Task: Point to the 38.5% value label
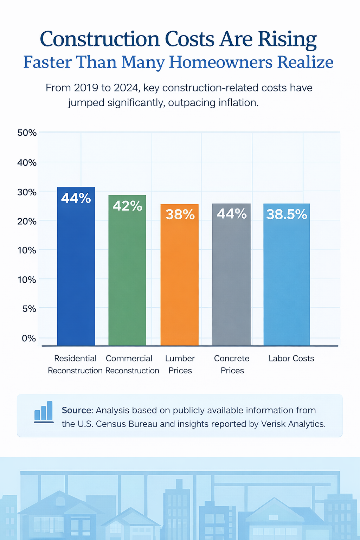pos(287,214)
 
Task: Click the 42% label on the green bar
pos(127,206)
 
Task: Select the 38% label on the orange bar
pos(180,214)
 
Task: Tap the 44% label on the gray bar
pos(232,213)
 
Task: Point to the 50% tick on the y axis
pos(27,133)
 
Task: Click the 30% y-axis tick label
pos(27,192)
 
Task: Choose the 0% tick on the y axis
pos(29,338)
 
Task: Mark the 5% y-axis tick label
pos(29,309)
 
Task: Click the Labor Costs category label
pos(291,359)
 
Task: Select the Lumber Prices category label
pos(180,364)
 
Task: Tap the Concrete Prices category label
pos(232,364)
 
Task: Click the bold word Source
pos(76,410)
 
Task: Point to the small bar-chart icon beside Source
pos(44,412)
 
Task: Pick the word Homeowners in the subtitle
pos(220,62)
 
